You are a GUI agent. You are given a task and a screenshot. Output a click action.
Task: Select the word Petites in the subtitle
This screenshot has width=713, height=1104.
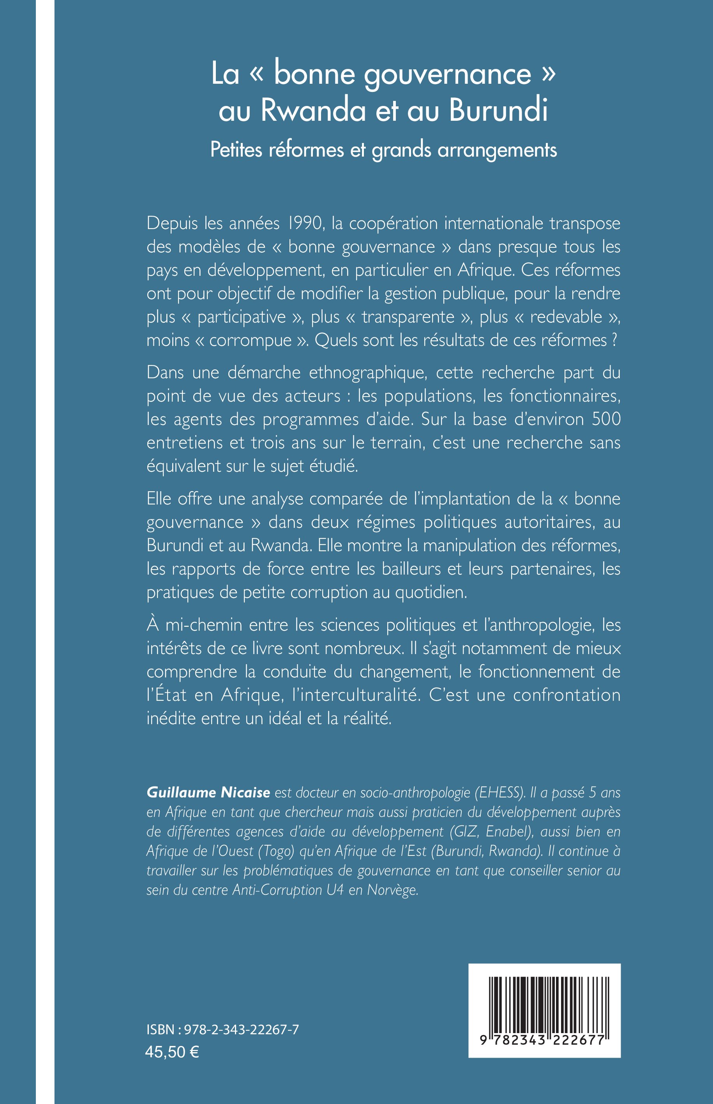pyautogui.click(x=236, y=150)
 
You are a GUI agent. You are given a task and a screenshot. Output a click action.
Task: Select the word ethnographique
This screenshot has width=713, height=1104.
pyautogui.click(x=368, y=373)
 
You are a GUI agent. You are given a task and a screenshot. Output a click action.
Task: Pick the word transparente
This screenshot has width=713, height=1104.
pyautogui.click(x=408, y=317)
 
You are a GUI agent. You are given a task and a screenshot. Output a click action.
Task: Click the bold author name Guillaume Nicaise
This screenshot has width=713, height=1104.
pyautogui.click(x=208, y=792)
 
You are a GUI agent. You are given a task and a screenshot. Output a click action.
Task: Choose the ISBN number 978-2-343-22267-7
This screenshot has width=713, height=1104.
pyautogui.click(x=241, y=1030)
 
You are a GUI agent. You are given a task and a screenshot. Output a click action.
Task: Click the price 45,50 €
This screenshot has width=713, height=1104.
pyautogui.click(x=172, y=1052)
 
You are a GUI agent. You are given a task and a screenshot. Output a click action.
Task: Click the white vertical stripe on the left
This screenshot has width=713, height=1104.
pyautogui.click(x=45, y=552)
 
